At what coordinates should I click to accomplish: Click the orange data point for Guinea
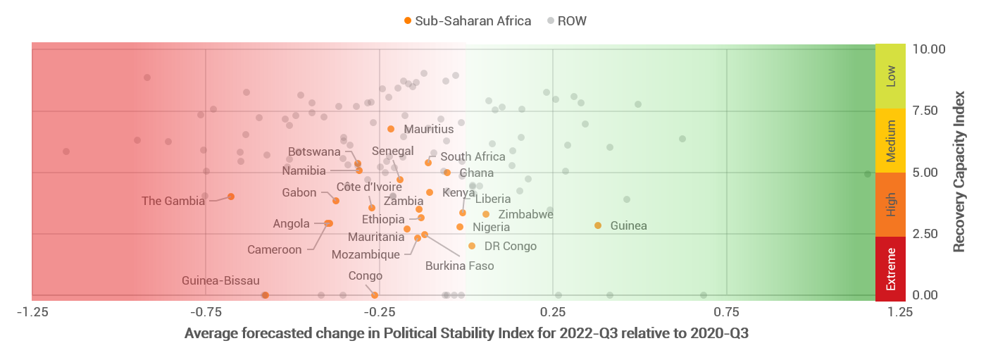(598, 225)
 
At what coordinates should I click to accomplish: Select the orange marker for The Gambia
(231, 197)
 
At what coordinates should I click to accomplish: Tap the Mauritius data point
(391, 129)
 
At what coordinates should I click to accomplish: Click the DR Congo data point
(472, 246)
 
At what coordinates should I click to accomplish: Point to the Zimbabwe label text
(525, 215)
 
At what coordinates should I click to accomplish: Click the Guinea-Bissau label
(220, 281)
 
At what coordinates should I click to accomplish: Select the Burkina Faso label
(459, 266)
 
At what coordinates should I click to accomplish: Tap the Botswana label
(314, 152)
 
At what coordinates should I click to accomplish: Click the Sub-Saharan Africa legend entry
(468, 20)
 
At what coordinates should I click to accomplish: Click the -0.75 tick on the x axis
(205, 311)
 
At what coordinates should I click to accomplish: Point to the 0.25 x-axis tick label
(553, 311)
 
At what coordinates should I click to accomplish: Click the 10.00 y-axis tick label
(928, 49)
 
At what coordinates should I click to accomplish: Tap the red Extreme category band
(890, 269)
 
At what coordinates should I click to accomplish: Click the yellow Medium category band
(890, 140)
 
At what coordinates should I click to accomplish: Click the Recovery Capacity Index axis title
(958, 171)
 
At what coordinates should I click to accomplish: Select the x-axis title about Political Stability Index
(466, 333)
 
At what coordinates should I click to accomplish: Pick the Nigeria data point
(460, 227)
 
